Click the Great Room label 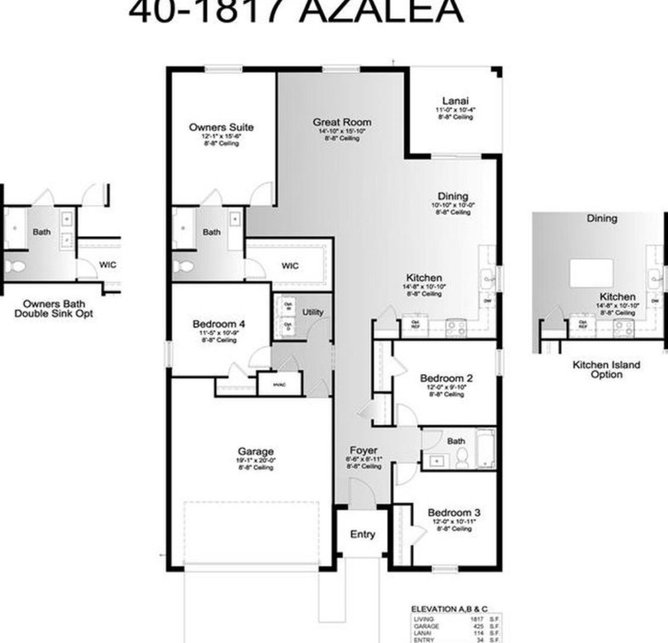pos(342,122)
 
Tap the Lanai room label pos(455,101)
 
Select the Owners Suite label pos(221,127)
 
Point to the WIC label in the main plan pos(290,266)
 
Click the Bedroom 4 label pos(218,324)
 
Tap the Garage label pos(256,452)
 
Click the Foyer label pos(364,450)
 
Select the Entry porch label pos(362,534)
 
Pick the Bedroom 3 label pos(454,513)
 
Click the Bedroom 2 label pos(446,379)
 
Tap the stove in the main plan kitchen pos(455,326)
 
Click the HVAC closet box pos(280,384)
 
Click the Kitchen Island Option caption pos(606,369)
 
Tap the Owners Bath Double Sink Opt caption pos(54,308)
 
